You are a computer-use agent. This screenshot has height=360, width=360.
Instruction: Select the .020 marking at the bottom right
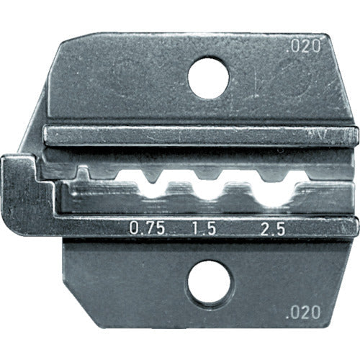(308, 315)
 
